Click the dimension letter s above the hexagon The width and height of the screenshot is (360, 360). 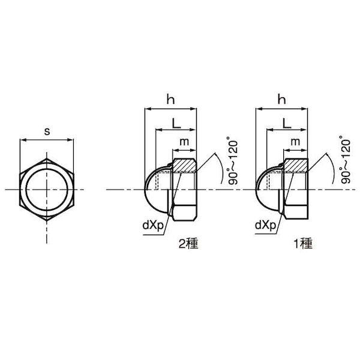(x=47, y=131)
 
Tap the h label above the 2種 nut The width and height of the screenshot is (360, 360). (x=170, y=100)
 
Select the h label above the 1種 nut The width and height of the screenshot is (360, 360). (x=282, y=100)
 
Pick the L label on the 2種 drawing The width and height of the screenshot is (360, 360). (x=176, y=123)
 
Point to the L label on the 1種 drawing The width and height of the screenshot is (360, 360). (x=287, y=123)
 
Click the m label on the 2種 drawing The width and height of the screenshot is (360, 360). (x=184, y=142)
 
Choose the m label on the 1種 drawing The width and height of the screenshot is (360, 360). (x=295, y=142)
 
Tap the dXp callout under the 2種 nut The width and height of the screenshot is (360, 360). (x=153, y=226)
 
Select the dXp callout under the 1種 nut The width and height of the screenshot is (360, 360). (x=265, y=226)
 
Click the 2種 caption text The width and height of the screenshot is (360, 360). (x=188, y=244)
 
